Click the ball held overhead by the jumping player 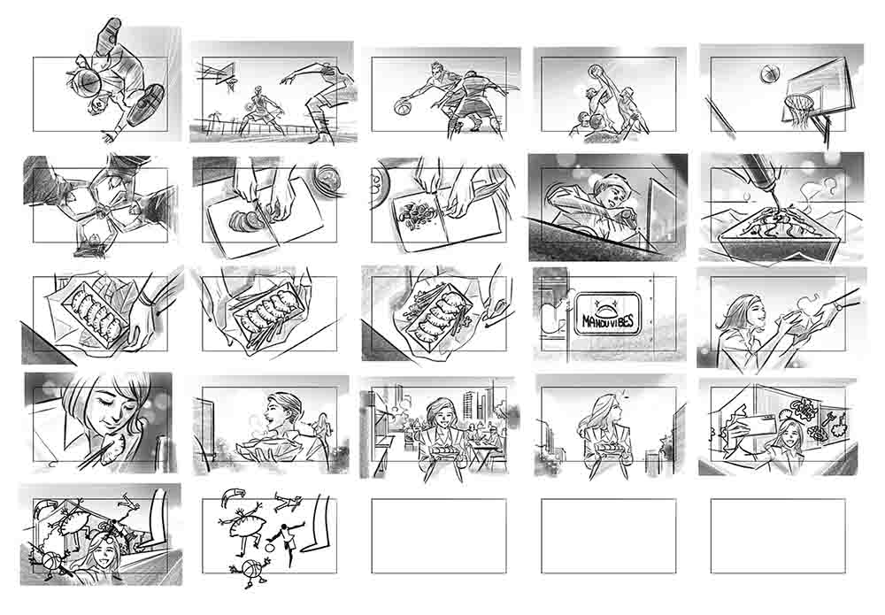(x=595, y=72)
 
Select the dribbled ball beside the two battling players (x=402, y=107)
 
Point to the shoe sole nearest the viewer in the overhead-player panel (x=145, y=104)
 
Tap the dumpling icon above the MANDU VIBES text (x=607, y=306)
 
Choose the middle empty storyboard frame (x=439, y=536)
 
